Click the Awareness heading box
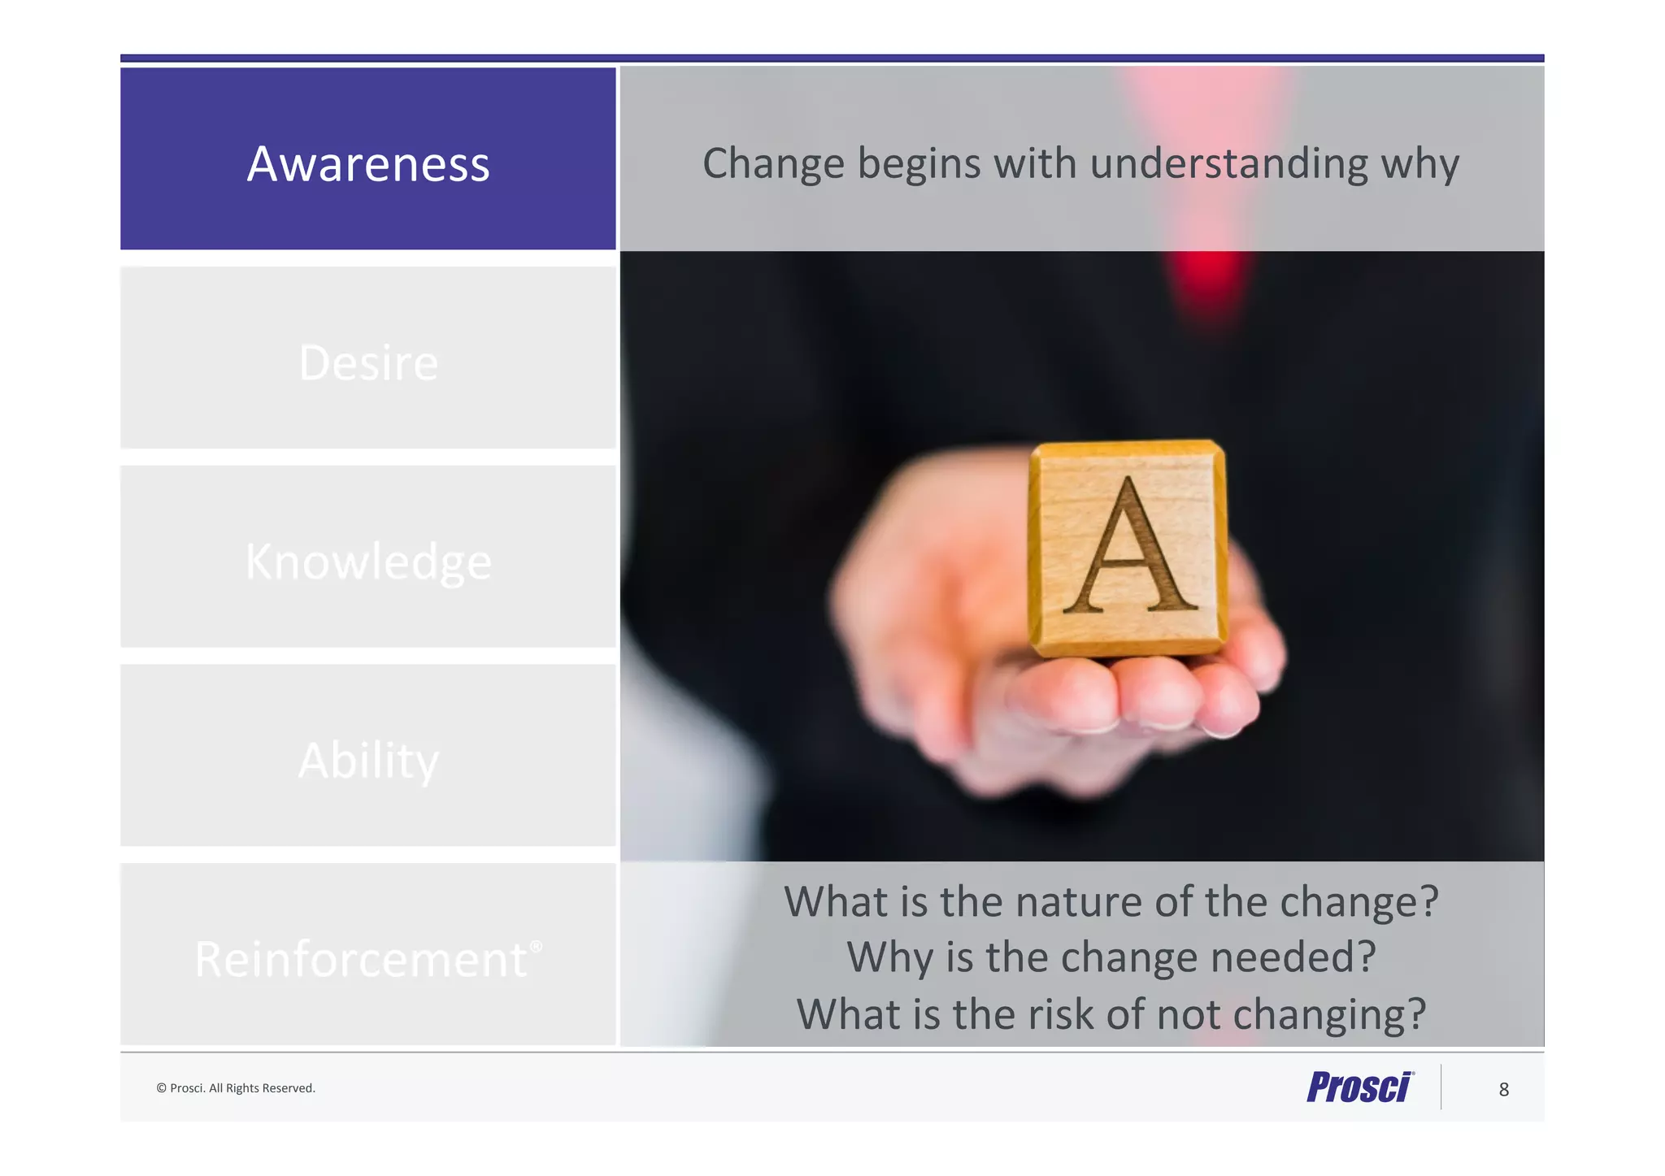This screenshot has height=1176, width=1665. (x=367, y=159)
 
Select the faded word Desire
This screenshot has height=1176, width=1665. (x=368, y=362)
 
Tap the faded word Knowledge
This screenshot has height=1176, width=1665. (x=368, y=562)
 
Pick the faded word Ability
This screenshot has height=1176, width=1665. (x=368, y=761)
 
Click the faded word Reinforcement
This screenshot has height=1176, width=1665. (x=361, y=960)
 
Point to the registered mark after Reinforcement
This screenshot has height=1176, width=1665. (x=536, y=946)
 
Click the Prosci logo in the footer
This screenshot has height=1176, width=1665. (x=1359, y=1087)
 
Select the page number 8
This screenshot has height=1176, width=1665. (x=1503, y=1090)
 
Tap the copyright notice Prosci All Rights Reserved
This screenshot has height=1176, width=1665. (x=236, y=1088)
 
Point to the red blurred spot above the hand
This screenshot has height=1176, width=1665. (x=1209, y=276)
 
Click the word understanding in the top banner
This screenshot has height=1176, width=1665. (x=1228, y=164)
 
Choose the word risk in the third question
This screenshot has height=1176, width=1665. (x=1049, y=1015)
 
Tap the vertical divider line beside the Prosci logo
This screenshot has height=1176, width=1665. (x=1441, y=1087)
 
